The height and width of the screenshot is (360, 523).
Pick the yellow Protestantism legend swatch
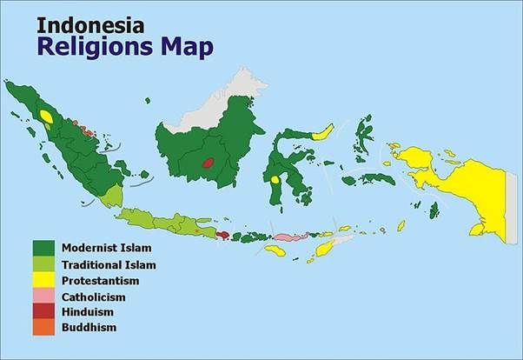point(43,281)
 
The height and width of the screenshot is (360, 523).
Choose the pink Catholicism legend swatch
point(43,297)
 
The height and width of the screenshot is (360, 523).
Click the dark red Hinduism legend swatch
point(43,311)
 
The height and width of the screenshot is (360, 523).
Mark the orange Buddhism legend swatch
point(43,327)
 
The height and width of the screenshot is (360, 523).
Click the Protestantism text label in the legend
point(100,281)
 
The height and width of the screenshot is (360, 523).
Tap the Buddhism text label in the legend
point(89,327)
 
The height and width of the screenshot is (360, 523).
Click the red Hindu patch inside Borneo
point(208,162)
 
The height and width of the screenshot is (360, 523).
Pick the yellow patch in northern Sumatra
point(46,117)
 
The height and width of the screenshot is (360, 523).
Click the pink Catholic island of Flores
point(286,237)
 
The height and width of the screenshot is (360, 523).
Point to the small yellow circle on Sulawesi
point(275,180)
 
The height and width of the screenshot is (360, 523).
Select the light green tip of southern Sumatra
point(108,199)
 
